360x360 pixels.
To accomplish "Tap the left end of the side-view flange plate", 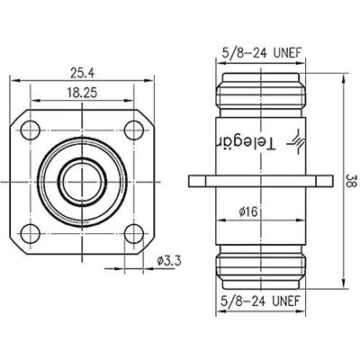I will pos(192,180).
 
